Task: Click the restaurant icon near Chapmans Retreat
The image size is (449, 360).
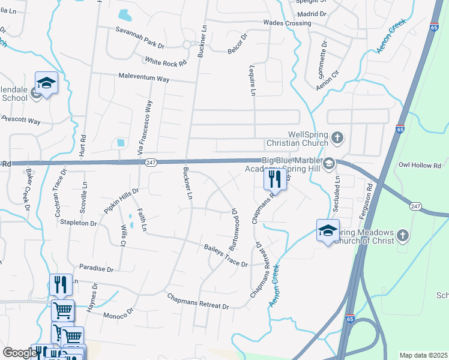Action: point(274,179)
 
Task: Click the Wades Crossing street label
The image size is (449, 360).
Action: point(287,23)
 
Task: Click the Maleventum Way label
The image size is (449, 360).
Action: point(144,79)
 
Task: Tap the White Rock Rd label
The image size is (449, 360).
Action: point(166,61)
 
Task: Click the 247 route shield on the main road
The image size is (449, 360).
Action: point(151,162)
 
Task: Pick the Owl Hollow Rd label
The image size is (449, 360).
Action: point(420,164)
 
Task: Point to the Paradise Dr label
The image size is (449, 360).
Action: point(95,269)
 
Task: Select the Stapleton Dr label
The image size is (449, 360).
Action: point(78,223)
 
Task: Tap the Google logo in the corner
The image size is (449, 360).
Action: point(19,353)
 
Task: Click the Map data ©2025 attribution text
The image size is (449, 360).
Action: point(423,355)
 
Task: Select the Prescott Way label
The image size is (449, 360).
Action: point(20,121)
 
